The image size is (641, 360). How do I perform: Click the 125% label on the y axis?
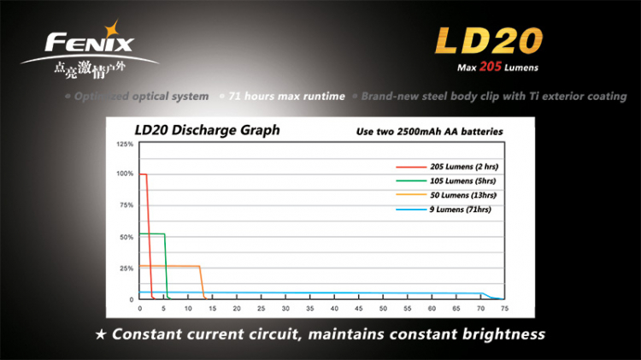pos(124,145)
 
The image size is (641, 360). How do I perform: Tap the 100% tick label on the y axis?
pos(124,174)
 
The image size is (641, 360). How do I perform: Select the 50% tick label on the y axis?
pos(126,237)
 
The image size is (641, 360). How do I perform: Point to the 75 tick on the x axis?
pos(505,308)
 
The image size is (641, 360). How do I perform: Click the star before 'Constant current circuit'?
pos(101,332)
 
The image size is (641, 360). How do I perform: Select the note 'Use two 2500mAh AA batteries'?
pos(429,132)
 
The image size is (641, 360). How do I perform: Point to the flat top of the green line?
pos(152,233)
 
